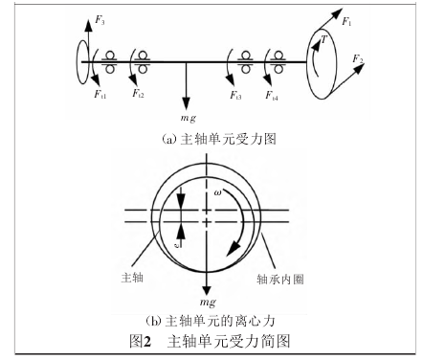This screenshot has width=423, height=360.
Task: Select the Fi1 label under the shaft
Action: click(100, 94)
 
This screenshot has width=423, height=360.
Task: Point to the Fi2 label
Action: click(141, 94)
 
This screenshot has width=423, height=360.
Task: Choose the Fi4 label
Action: click(275, 94)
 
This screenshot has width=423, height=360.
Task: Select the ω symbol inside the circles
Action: click(218, 193)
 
